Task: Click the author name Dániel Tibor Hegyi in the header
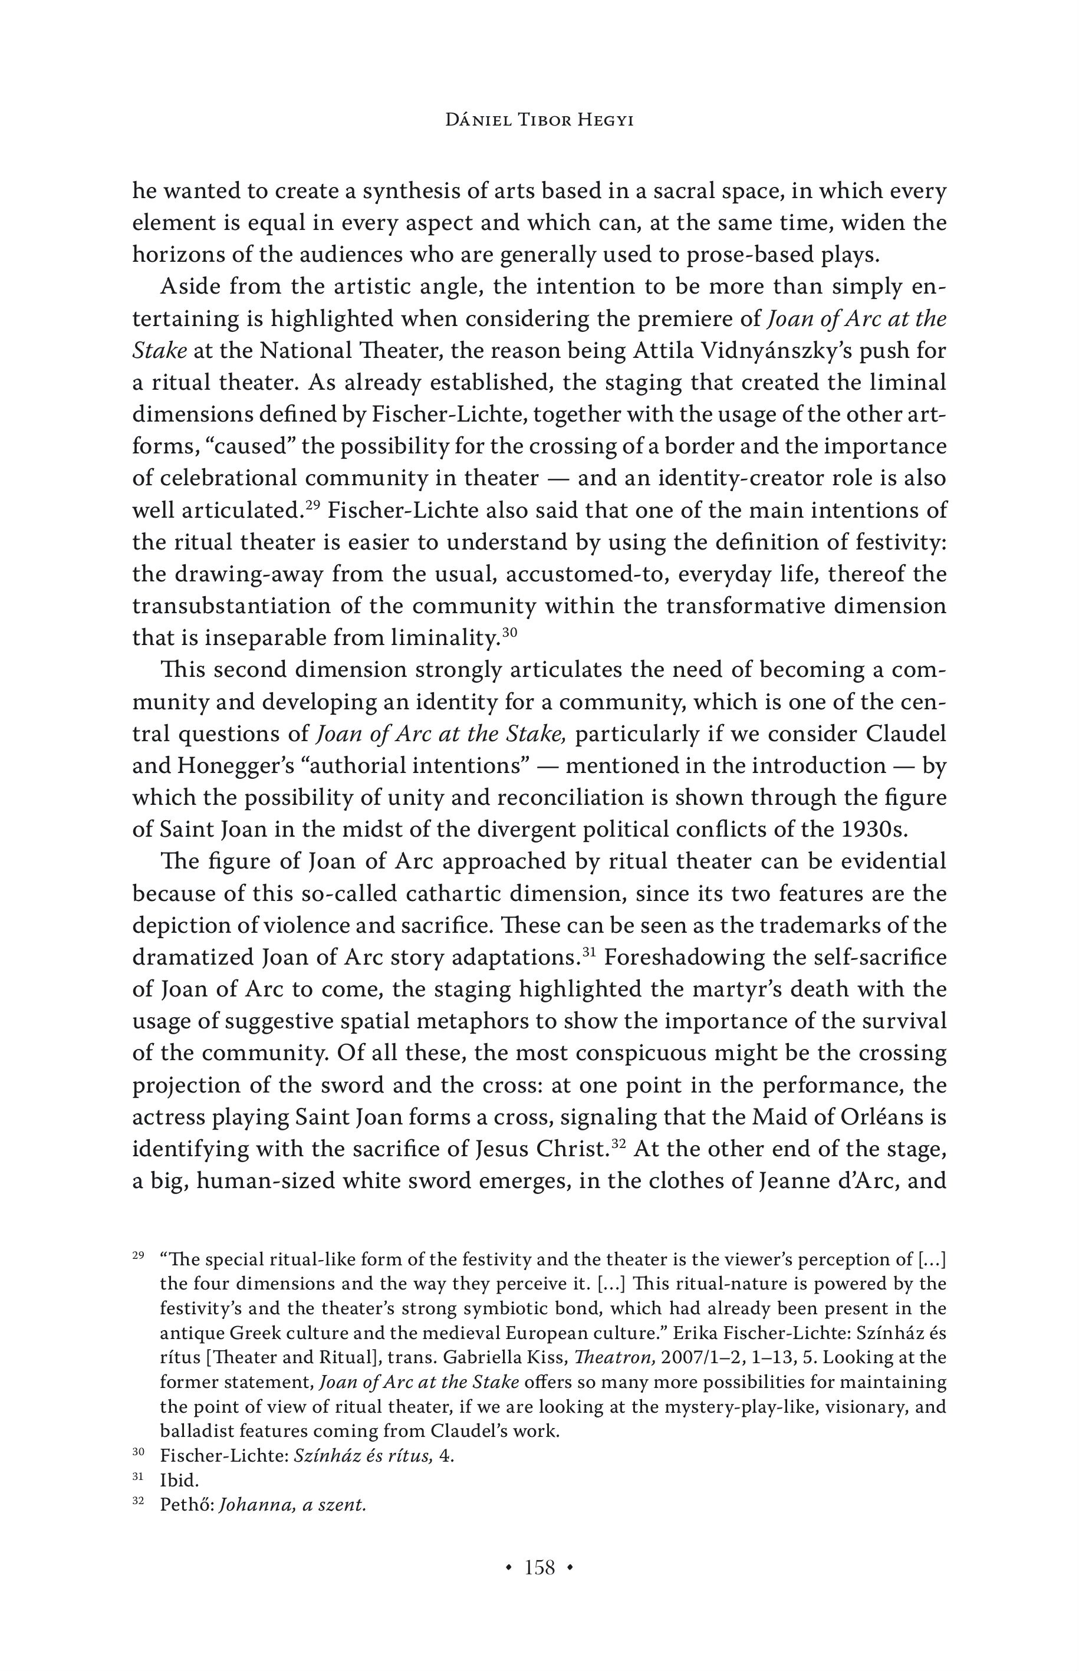click(x=539, y=120)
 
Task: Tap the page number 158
click(x=539, y=1568)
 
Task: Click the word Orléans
click(x=881, y=1117)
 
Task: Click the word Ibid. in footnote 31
click(x=179, y=1481)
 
